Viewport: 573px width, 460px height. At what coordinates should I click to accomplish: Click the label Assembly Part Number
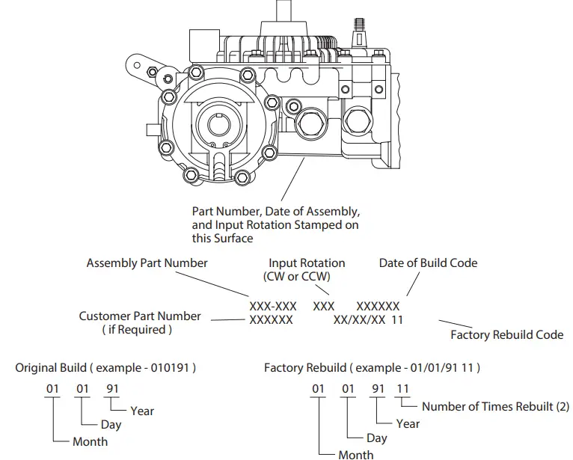point(147,263)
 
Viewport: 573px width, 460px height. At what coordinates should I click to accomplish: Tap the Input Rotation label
point(307,263)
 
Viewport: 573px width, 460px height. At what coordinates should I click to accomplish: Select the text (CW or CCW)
point(298,277)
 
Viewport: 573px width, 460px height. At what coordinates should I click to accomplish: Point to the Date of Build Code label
point(428,263)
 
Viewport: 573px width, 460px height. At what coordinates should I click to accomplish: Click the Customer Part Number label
point(140,316)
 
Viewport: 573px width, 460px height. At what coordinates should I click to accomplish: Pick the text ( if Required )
point(137,329)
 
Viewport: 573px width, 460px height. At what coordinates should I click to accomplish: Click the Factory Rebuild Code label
point(506,334)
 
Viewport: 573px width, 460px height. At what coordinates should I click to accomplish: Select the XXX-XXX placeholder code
point(272,306)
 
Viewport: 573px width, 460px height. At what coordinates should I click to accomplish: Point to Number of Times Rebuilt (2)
point(495,406)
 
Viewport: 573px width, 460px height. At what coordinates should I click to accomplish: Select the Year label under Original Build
point(142,410)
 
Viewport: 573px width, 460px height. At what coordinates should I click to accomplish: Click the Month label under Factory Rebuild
point(356,454)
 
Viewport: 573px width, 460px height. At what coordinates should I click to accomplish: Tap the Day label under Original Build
point(111,425)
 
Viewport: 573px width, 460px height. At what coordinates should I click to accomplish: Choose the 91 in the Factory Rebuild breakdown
point(379,388)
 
